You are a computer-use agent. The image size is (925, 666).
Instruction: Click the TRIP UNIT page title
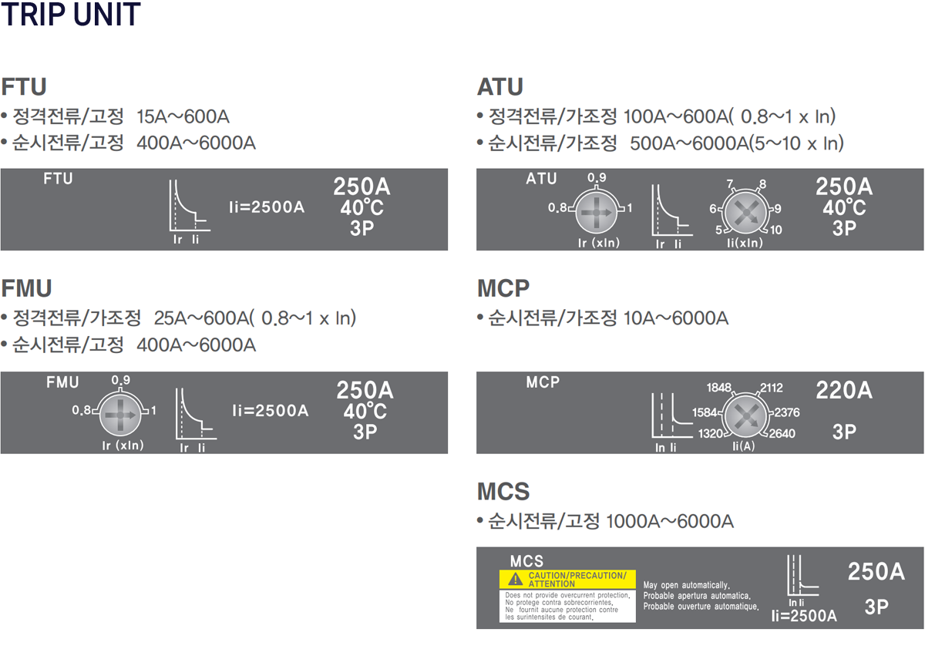coord(71,15)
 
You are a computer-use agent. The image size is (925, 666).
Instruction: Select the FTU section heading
coord(24,86)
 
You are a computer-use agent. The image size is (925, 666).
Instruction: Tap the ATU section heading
coord(500,86)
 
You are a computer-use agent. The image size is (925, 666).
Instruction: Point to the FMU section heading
coord(26,288)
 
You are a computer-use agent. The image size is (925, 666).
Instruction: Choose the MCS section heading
coord(503,491)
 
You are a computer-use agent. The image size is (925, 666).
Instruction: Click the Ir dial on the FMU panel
coord(119,414)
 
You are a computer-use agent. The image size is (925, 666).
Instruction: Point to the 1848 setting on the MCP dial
coord(719,388)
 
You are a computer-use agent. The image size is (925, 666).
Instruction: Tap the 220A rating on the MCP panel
coord(844,391)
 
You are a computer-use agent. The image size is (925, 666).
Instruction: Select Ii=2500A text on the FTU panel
coord(267,207)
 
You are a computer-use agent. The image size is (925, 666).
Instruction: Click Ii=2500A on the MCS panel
coord(804,616)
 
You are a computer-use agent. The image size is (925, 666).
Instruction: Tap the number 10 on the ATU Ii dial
coord(775,230)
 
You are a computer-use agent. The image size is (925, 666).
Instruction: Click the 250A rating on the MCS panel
coord(876,572)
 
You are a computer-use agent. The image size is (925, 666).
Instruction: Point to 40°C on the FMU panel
coord(365,411)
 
